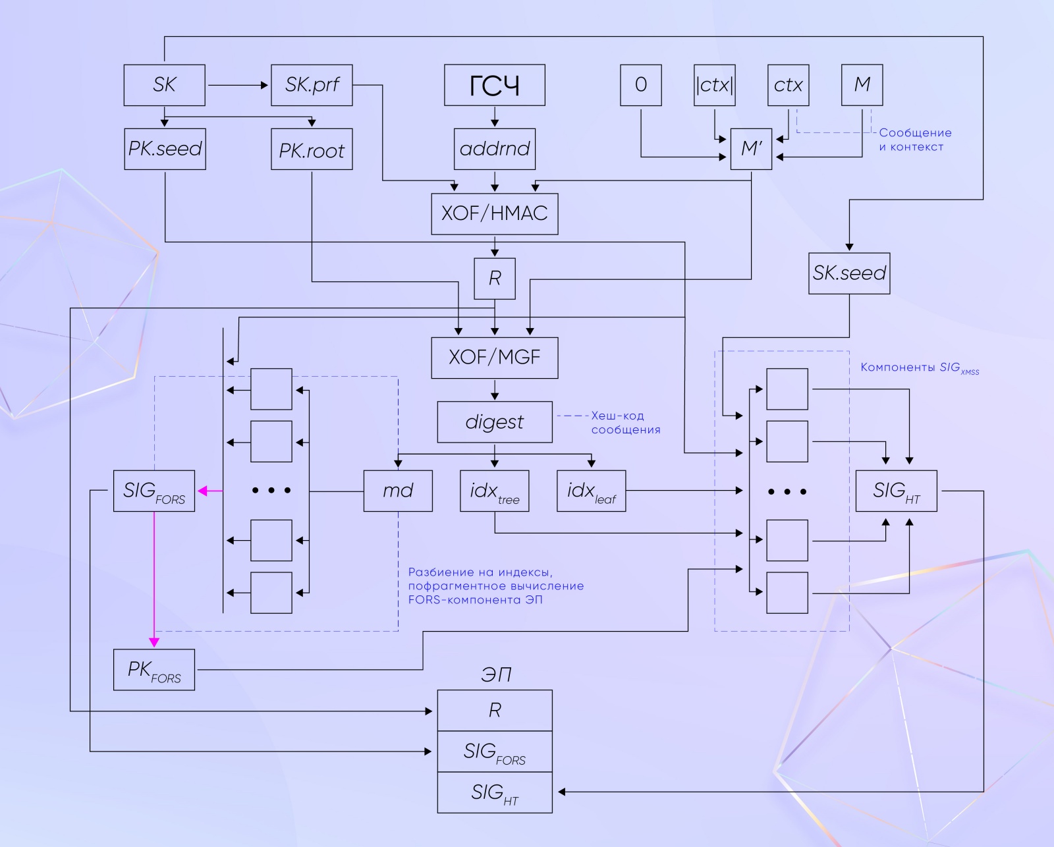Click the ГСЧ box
[x=494, y=85]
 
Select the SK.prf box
[x=312, y=85]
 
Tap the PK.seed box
[x=165, y=149]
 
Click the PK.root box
[x=312, y=150]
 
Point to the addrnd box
[x=494, y=149]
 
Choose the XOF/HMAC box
[x=494, y=213]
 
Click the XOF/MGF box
[x=494, y=358]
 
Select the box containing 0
[x=640, y=85]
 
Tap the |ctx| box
[x=714, y=85]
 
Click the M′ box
[x=751, y=149]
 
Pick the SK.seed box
[x=849, y=273]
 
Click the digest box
[x=494, y=422]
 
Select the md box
[x=398, y=491]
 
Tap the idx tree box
[x=494, y=491]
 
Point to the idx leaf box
[x=591, y=491]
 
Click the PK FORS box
[x=153, y=670]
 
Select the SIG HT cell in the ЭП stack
[x=494, y=792]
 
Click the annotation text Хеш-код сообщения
[x=625, y=423]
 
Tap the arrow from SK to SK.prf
[x=237, y=85]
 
